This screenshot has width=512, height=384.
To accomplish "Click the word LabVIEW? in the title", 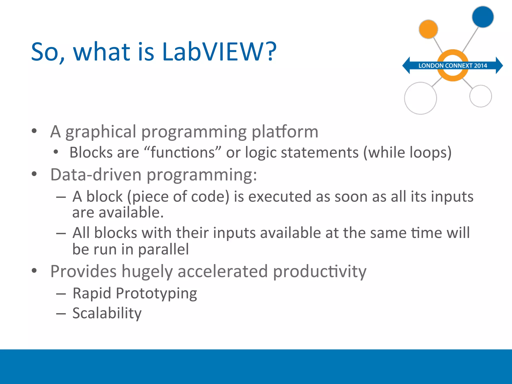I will point(219,52).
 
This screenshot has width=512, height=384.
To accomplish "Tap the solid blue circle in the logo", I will point(483,17).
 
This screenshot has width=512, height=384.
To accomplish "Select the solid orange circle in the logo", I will point(428,29).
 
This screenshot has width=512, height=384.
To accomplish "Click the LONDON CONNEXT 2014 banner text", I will point(453,66).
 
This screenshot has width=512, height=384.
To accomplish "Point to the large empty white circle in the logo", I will point(420,98).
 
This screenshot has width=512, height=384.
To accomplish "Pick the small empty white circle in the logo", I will point(480,96).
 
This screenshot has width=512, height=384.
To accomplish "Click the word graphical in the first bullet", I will point(100,132).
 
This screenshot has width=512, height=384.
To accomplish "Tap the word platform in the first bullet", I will point(285,132).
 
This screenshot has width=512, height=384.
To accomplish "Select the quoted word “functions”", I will point(183,152).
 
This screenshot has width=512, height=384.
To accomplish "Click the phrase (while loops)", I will point(407,152).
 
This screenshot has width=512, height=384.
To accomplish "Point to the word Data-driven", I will point(96,174).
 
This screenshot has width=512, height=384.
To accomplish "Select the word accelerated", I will point(222,271).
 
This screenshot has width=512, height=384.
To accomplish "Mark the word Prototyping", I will point(156,293).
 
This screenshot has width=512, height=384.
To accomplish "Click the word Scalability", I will point(107,313).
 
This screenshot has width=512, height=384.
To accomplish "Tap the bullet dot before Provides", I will point(34,270).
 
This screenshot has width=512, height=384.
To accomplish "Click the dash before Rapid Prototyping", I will point(61,294).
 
